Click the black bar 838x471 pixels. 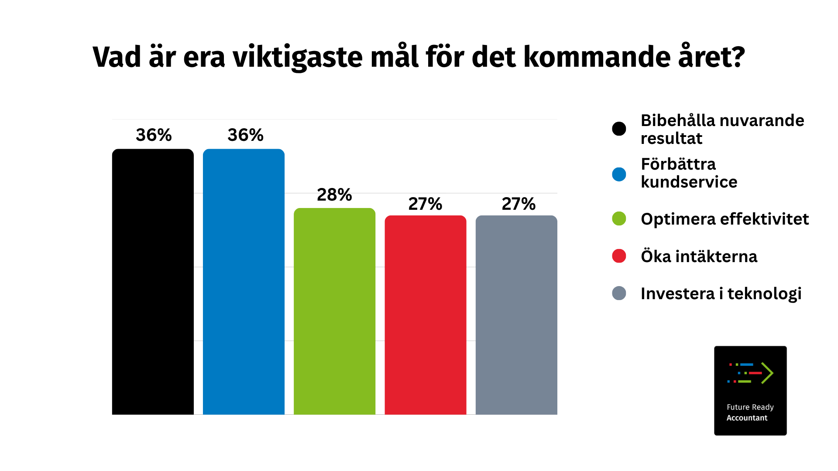(153, 282)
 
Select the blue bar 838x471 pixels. (244, 282)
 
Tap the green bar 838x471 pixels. (334, 311)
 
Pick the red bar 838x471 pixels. (426, 315)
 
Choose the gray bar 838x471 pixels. (516, 315)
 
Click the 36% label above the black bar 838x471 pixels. (154, 135)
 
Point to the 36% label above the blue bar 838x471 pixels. (245, 135)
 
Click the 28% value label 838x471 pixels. (334, 195)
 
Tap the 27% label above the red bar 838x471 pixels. (425, 204)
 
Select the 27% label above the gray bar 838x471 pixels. (519, 204)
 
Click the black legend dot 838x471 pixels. (619, 129)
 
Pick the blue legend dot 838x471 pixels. (619, 174)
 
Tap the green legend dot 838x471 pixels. (619, 218)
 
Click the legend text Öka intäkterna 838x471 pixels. (699, 256)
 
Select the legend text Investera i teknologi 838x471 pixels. (721, 294)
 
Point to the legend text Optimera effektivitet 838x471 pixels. (725, 219)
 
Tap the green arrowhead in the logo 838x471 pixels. (767, 373)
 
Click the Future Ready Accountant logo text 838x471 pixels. (750, 413)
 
